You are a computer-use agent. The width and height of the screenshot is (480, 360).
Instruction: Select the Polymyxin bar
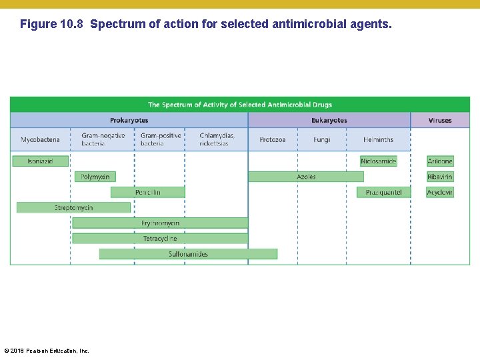[x=95, y=177]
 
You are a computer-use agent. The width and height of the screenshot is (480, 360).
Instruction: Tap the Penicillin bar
[x=147, y=192]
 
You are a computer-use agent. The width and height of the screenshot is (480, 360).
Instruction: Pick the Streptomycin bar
[x=73, y=208]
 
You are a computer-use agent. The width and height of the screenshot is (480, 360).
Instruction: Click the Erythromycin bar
[x=160, y=223]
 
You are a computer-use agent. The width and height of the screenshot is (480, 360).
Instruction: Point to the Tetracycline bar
[x=160, y=239]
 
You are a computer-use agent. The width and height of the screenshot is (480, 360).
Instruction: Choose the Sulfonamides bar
[x=188, y=254]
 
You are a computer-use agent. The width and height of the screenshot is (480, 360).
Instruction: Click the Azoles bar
[x=306, y=177]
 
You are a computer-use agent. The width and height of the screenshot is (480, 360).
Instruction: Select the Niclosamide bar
[x=378, y=161]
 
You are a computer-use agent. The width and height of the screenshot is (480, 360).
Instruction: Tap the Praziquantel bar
[x=383, y=192]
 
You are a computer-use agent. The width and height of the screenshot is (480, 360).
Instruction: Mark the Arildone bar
[x=440, y=161]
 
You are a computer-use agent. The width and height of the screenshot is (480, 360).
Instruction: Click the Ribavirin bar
[x=440, y=177]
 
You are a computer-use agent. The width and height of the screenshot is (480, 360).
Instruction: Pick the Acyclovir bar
[x=440, y=192]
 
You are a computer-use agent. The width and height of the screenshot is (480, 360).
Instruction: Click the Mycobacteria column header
[x=40, y=140]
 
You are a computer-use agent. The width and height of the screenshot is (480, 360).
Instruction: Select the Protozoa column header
[x=273, y=140]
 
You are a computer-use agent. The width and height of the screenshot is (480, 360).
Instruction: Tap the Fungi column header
[x=321, y=140]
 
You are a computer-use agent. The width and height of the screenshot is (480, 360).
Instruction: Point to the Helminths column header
[x=378, y=140]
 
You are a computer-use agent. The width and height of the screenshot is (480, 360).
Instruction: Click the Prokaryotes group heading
[x=129, y=121]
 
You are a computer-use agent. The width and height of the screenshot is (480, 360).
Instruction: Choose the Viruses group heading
[x=440, y=121]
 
